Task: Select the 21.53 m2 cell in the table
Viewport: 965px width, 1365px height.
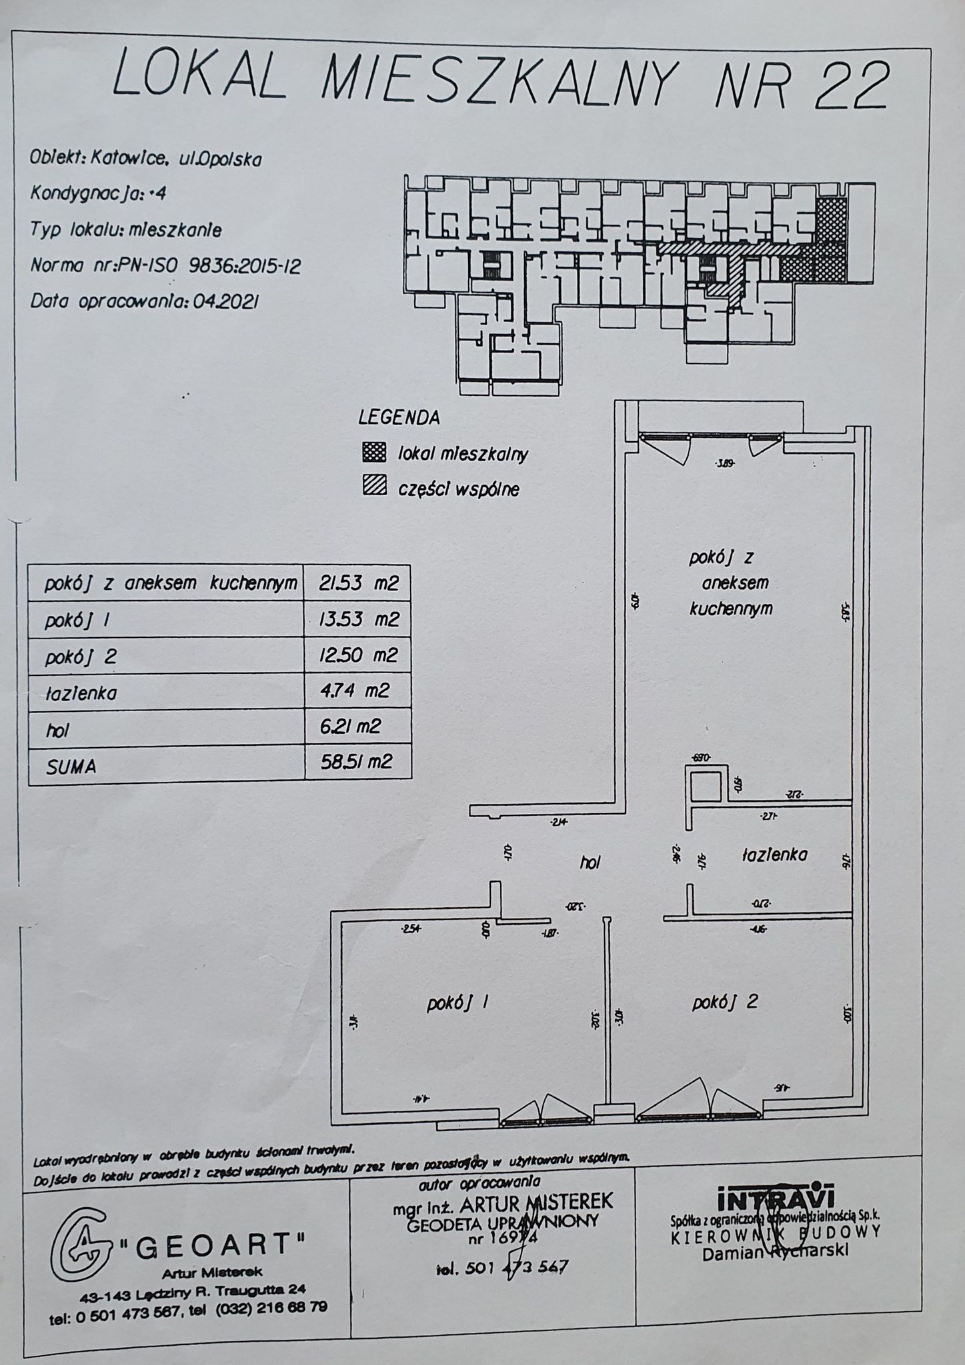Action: click(x=358, y=583)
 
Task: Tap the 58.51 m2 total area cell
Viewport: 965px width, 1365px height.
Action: click(x=356, y=761)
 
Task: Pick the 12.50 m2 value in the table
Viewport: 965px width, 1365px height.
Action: click(x=359, y=655)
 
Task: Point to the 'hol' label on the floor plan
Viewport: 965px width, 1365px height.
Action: click(x=590, y=862)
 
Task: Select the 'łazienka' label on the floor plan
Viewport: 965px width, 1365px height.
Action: click(x=774, y=854)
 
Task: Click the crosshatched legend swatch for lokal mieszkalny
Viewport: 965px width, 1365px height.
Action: click(x=374, y=453)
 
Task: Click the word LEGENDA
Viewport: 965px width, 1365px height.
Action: click(x=399, y=418)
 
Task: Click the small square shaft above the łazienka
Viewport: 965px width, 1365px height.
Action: click(x=704, y=786)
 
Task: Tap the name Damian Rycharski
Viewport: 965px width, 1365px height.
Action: click(x=776, y=1252)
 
